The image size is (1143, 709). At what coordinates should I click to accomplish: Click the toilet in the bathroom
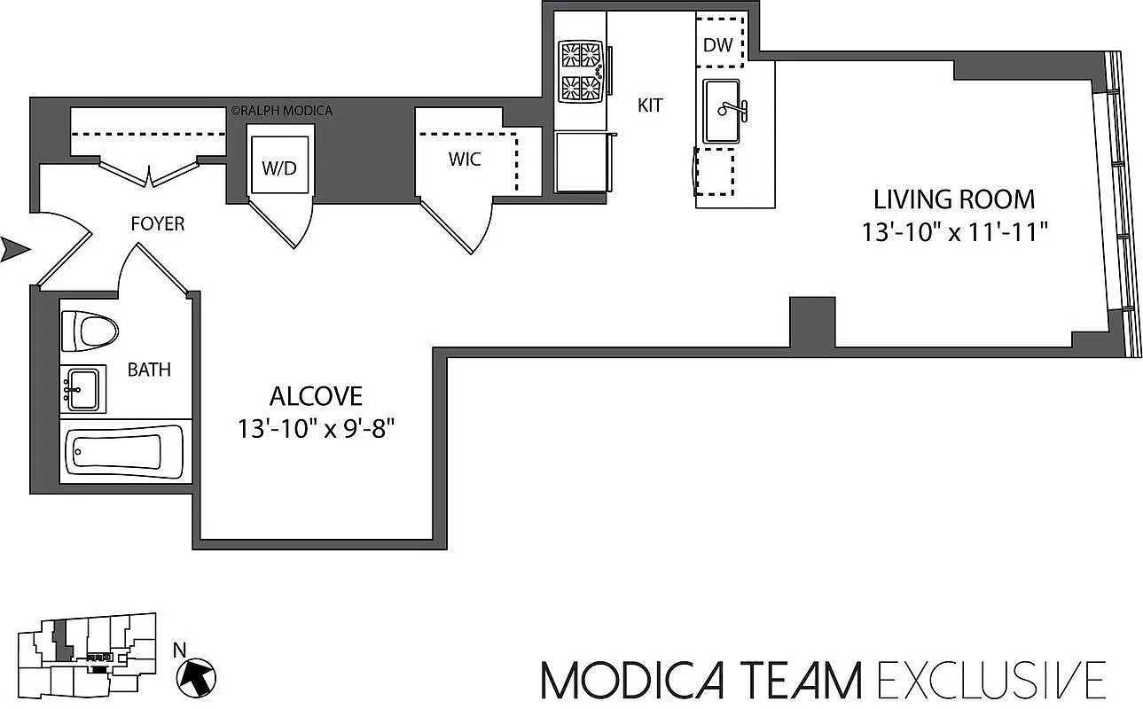(90, 332)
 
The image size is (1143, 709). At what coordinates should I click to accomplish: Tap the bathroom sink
(83, 389)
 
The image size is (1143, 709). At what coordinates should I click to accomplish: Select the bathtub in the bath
(124, 452)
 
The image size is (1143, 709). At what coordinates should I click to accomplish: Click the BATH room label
(149, 370)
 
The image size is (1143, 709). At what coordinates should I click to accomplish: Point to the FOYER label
(158, 224)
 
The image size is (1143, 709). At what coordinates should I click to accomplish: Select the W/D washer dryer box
(279, 168)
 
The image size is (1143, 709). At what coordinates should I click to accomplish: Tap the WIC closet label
(465, 160)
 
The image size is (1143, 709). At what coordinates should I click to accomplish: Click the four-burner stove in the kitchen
(582, 72)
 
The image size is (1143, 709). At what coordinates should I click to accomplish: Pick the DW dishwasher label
(718, 45)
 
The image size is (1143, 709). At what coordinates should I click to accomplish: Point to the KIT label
(650, 105)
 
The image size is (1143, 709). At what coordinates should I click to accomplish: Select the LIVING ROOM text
(954, 199)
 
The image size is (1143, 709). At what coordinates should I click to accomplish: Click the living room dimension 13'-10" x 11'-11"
(955, 232)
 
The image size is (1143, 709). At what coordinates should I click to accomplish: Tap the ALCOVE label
(316, 395)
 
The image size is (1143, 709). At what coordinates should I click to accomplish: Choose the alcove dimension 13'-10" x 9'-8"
(316, 429)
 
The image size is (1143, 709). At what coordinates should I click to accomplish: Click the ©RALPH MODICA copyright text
(281, 111)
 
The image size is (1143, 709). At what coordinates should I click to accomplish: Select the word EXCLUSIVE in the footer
(990, 680)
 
